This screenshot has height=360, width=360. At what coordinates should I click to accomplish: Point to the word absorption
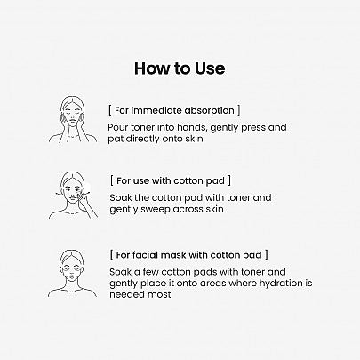point(210,110)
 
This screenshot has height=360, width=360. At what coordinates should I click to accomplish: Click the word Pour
point(117,127)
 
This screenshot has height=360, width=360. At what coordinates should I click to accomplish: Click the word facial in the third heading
point(145,255)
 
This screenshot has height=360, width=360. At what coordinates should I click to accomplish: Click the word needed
point(125,294)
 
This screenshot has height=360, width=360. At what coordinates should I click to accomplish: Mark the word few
point(150,272)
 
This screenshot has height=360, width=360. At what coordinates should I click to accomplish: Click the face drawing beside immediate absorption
point(73,120)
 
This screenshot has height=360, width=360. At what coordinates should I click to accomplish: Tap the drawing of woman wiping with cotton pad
point(73,196)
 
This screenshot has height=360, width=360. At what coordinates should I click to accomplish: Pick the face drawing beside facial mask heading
point(72,273)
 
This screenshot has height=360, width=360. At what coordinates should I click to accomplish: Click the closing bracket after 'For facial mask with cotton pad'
point(267,255)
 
